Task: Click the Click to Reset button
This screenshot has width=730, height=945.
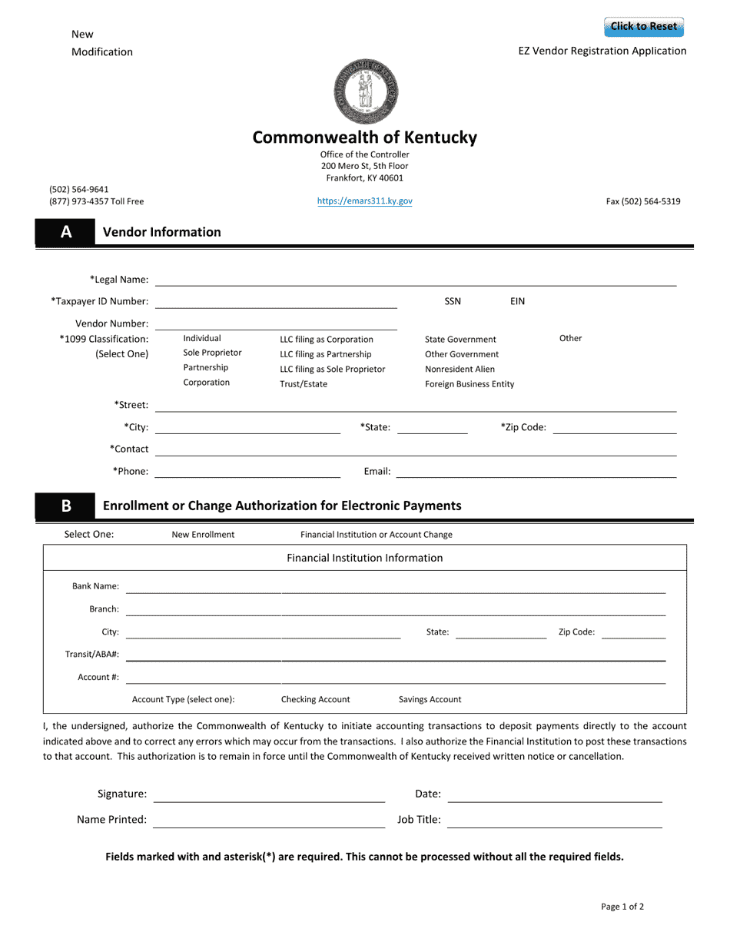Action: point(643,27)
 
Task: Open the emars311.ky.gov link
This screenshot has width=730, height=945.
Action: point(364,201)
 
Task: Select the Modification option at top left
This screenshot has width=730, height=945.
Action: point(101,52)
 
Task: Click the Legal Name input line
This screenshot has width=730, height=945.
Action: point(415,280)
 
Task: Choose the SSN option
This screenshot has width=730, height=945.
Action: point(453,301)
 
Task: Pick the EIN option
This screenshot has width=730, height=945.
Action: point(517,301)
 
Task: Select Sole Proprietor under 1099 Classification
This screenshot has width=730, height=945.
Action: point(212,353)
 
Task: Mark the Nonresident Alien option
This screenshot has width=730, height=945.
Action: point(460,370)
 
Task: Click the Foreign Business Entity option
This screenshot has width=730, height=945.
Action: point(470,384)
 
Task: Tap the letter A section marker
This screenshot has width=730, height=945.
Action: point(65,232)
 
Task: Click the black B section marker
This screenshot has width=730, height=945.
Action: point(65,506)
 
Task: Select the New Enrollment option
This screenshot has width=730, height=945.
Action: point(203,535)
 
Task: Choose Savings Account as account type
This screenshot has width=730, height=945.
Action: point(430,700)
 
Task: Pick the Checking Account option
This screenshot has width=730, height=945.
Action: point(315,700)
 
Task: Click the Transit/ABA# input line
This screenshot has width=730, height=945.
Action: point(395,654)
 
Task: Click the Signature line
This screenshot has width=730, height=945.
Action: point(269,794)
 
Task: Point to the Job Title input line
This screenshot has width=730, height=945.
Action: point(554,820)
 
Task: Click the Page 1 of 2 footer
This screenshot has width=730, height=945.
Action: point(622,907)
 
